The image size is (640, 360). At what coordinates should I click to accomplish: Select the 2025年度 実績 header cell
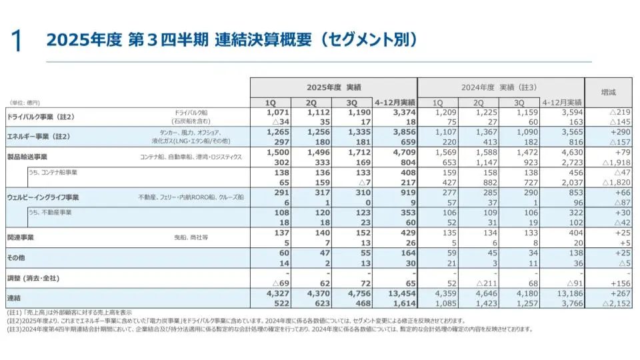point(333,87)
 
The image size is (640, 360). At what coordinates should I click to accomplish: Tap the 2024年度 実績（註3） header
point(500,87)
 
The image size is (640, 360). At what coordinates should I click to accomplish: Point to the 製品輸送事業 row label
point(27,157)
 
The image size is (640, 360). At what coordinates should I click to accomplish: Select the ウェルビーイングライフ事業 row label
point(43,197)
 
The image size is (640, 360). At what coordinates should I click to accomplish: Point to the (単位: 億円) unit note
point(25,103)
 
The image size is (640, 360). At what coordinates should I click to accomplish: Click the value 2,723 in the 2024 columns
point(570,162)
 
